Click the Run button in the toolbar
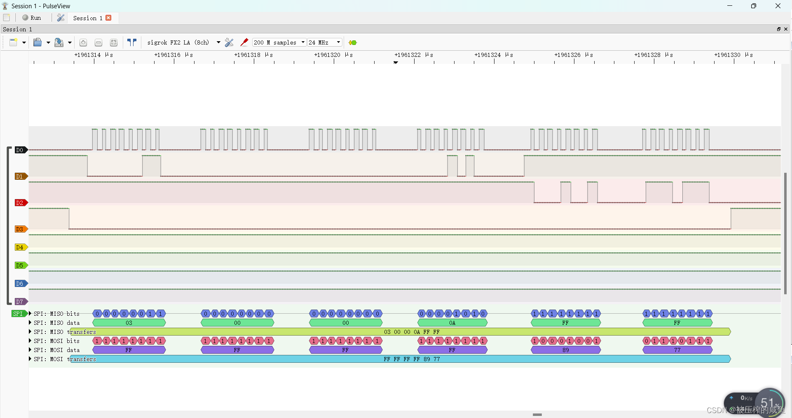point(32,18)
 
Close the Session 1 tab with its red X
point(108,18)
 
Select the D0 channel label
point(20,150)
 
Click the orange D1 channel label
point(20,176)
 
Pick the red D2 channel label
point(20,203)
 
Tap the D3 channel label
point(20,229)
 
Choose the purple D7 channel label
point(20,302)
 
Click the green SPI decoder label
point(19,314)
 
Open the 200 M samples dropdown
point(279,42)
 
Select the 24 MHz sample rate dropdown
point(325,42)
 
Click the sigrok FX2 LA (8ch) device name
point(178,42)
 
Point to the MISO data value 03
point(129,323)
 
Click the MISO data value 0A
point(452,323)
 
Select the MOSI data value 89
point(565,350)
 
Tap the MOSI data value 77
point(677,350)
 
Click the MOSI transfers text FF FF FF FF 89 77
point(412,359)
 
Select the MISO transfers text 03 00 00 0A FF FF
point(412,332)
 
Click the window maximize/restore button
point(753,6)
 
